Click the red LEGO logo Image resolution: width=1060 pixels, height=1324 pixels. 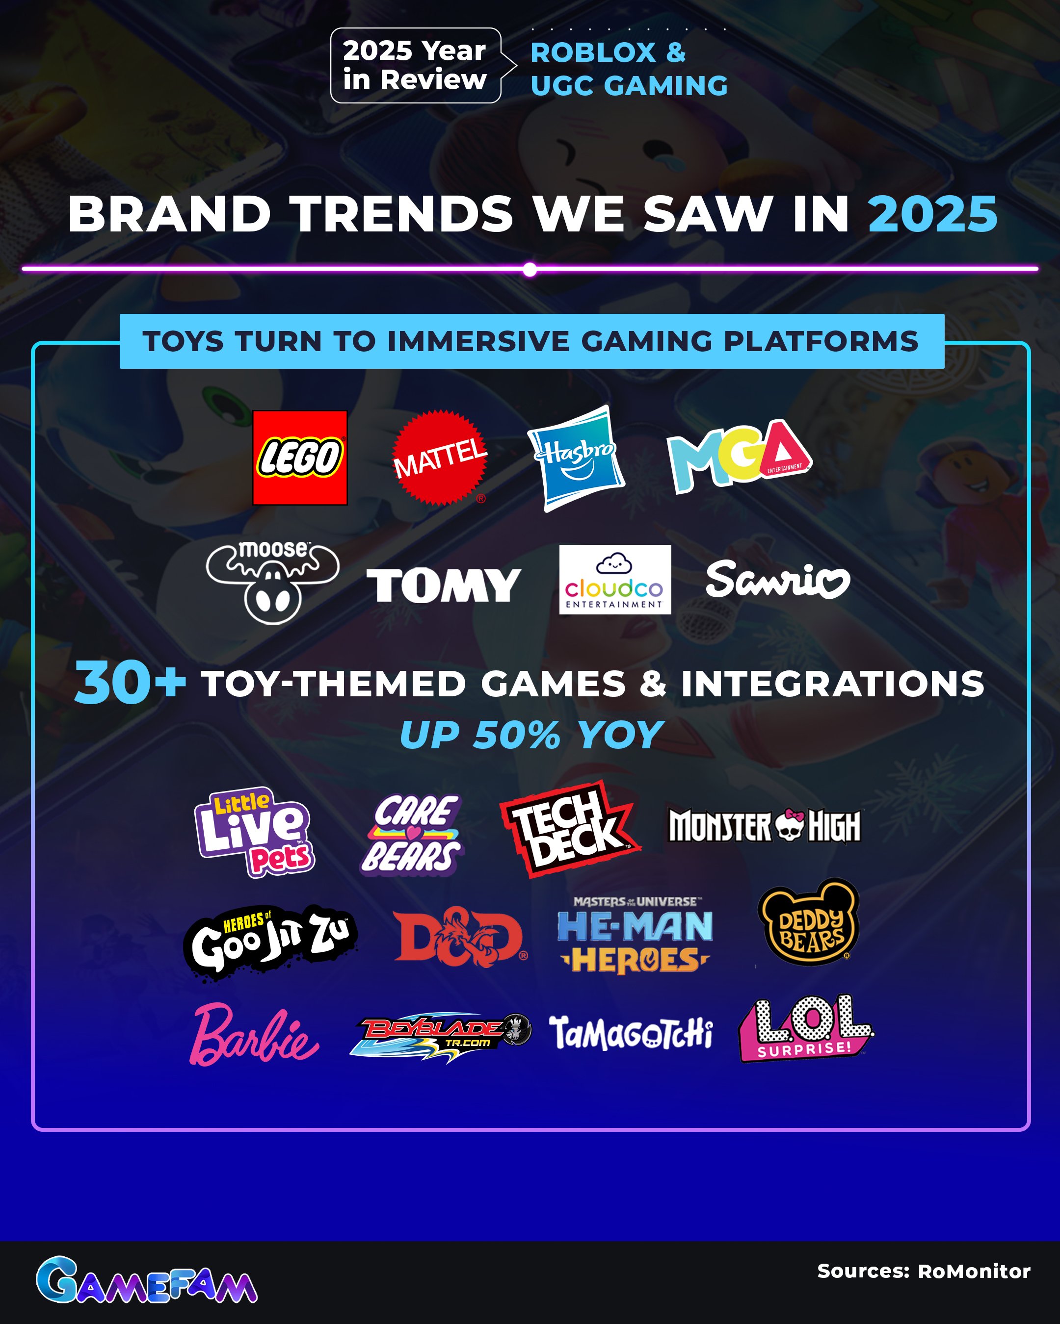click(300, 458)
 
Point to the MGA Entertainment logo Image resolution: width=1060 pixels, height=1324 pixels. click(739, 456)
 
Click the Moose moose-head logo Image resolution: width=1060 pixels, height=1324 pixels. click(272, 582)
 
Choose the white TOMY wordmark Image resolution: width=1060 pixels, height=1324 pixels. click(443, 585)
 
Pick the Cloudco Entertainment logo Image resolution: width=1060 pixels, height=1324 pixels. click(614, 579)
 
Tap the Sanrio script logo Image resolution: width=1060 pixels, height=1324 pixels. click(777, 579)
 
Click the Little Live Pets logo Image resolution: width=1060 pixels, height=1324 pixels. click(254, 832)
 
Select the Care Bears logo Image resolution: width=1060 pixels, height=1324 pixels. click(412, 833)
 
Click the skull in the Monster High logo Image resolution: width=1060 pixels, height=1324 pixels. click(789, 825)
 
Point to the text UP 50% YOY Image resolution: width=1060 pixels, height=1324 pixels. click(531, 735)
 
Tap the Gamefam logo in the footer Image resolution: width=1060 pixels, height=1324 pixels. click(146, 1280)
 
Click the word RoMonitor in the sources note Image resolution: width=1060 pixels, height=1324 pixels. click(973, 1271)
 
